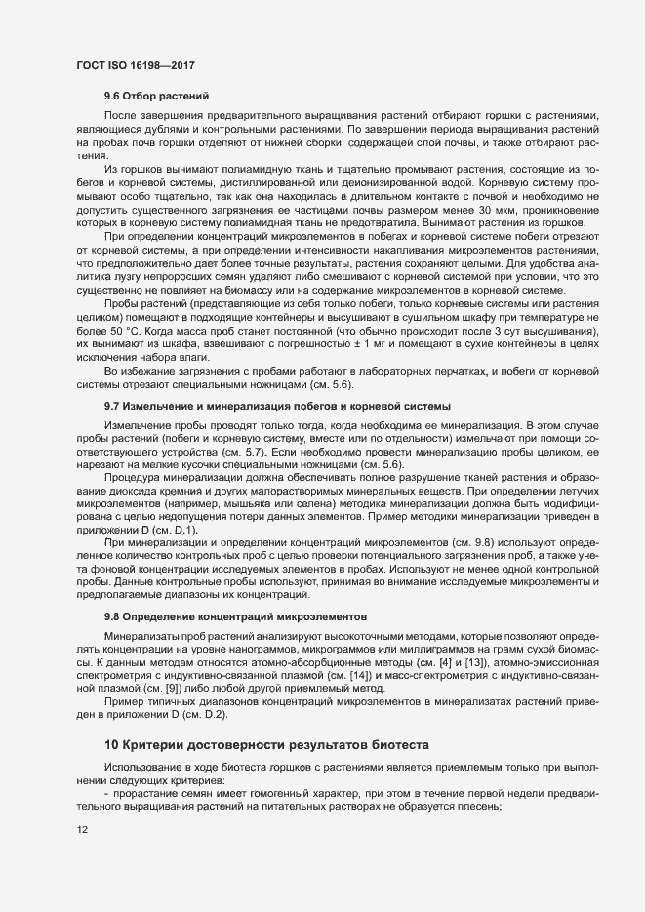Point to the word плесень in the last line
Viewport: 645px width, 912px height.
pos(478,805)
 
